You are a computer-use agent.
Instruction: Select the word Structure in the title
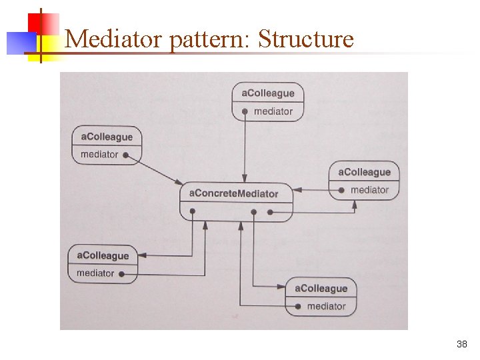click(305, 39)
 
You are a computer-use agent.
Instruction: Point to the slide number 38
click(461, 345)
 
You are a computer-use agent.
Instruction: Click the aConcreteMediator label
click(233, 193)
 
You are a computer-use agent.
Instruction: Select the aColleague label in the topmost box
click(267, 93)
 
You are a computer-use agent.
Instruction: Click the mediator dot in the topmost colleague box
click(245, 111)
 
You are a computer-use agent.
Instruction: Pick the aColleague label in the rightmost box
click(364, 172)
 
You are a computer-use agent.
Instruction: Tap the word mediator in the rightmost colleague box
click(369, 190)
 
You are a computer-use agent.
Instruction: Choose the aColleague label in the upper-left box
click(107, 137)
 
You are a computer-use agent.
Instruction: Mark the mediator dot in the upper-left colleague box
click(125, 155)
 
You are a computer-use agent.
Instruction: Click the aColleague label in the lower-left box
click(103, 255)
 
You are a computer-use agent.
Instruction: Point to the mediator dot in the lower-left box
click(121, 273)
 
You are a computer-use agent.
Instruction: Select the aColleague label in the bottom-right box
click(321, 289)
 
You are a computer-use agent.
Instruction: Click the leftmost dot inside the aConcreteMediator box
click(192, 212)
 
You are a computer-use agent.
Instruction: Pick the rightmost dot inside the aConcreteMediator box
click(270, 213)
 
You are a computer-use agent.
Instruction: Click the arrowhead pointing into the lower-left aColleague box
click(143, 255)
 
